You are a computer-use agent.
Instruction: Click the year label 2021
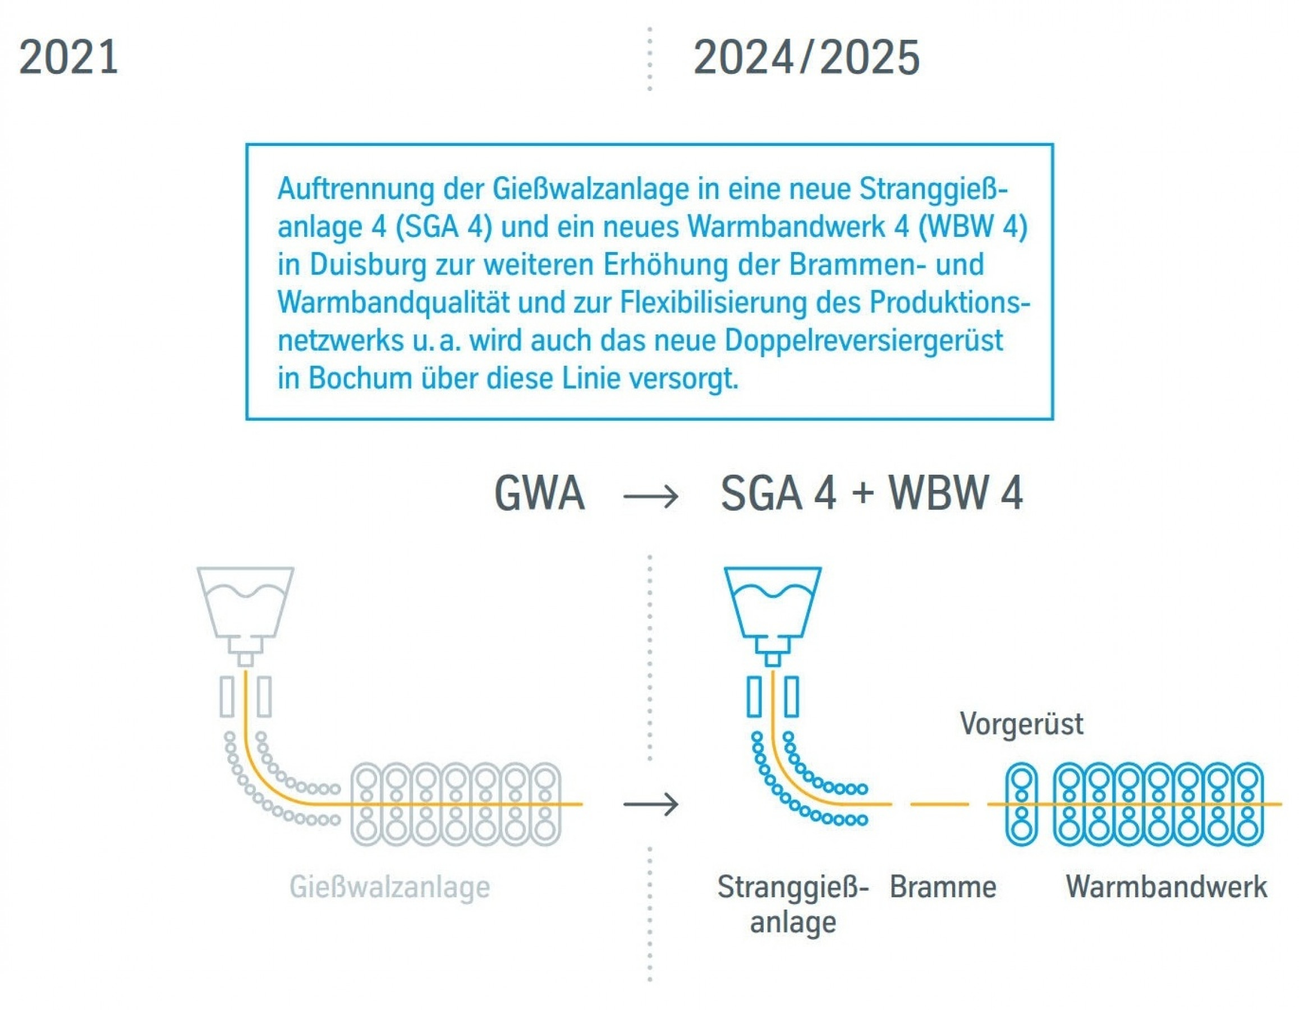pos(68,58)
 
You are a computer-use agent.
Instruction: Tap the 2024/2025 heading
pos(806,58)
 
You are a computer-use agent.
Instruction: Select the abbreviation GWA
pos(539,494)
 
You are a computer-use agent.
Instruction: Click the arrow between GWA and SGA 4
pos(651,495)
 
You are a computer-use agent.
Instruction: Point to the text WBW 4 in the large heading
pos(956,494)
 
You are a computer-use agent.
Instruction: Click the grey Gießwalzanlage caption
pos(389,887)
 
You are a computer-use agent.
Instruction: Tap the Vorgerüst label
pos(1021,724)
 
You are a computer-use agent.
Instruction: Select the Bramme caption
pos(943,887)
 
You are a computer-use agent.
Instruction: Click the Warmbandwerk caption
pos(1166,887)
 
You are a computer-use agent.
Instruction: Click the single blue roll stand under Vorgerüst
pos(1021,804)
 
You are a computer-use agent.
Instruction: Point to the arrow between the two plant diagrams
pos(651,805)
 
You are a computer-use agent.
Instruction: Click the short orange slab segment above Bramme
pos(939,804)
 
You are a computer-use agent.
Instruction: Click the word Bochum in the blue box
pos(360,378)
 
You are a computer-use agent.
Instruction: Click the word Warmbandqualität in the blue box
pos(393,303)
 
